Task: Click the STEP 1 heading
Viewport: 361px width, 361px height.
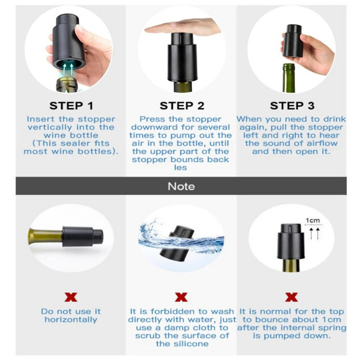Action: (71, 106)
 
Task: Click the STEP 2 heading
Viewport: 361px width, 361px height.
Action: (182, 106)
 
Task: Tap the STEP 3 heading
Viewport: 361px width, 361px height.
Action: (292, 106)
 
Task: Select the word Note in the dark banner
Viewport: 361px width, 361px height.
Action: (181, 186)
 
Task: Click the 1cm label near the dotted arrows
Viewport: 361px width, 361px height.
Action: (313, 220)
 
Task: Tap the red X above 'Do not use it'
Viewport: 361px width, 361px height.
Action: (71, 297)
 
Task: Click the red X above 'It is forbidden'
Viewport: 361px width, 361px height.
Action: (181, 297)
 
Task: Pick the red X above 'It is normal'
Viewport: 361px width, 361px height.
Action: (292, 297)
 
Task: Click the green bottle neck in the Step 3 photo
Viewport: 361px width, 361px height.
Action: (289, 78)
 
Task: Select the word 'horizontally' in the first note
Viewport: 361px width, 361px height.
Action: (71, 319)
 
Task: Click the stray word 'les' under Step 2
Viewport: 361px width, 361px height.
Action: (180, 167)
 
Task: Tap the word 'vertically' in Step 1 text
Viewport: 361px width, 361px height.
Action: (50, 127)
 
